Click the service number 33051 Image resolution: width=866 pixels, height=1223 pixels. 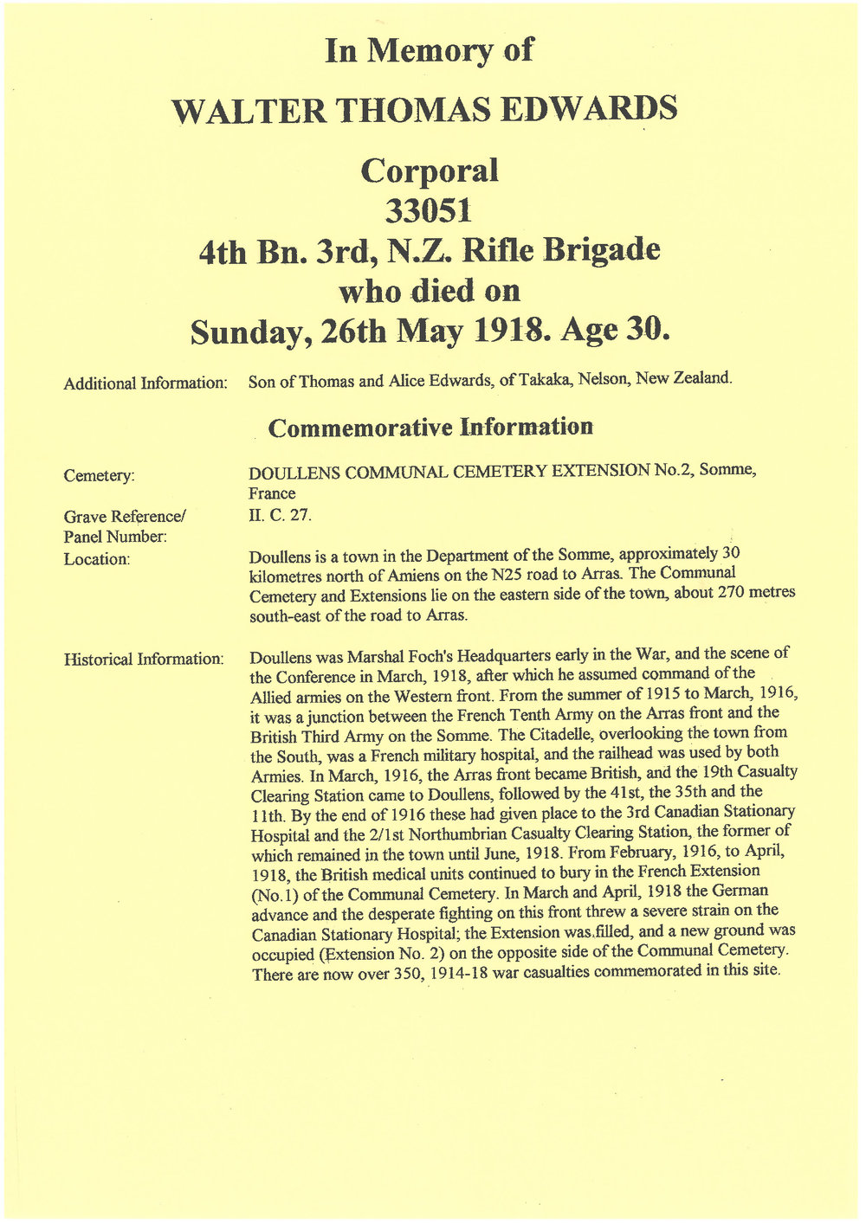(x=429, y=210)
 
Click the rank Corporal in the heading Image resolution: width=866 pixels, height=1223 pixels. (x=430, y=170)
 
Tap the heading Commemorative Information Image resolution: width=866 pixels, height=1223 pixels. (x=430, y=427)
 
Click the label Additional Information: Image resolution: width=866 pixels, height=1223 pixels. (x=145, y=383)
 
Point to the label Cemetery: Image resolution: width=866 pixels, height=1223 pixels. (x=100, y=475)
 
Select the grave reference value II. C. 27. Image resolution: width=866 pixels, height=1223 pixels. (x=279, y=516)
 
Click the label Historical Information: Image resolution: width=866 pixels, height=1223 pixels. (x=144, y=659)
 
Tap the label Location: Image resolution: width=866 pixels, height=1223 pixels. (x=97, y=559)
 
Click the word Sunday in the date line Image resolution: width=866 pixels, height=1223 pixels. (x=245, y=332)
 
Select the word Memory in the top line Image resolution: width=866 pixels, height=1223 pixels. (x=430, y=51)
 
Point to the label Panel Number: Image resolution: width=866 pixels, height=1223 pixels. (x=115, y=537)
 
